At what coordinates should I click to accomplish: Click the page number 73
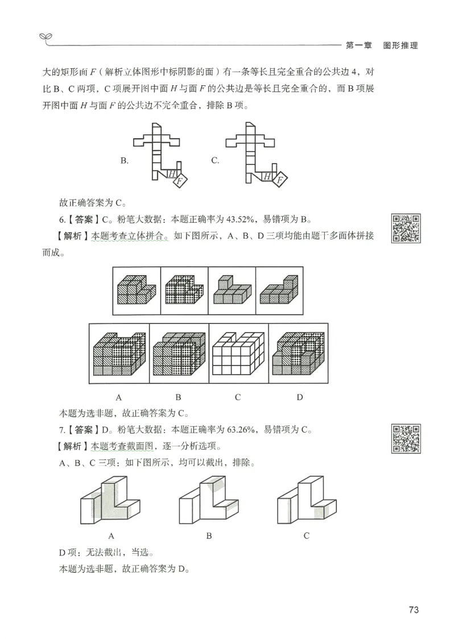click(x=413, y=610)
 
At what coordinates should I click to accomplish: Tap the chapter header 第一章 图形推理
click(x=381, y=45)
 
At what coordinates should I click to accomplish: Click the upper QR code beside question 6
click(x=406, y=228)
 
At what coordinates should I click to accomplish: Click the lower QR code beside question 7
click(x=406, y=438)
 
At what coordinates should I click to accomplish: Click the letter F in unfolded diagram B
click(x=180, y=181)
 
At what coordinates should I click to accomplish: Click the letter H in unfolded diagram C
click(x=267, y=177)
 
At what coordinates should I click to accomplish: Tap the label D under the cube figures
click(x=300, y=397)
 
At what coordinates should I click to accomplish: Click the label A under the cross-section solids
click(x=111, y=536)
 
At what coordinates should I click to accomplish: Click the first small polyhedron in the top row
click(x=136, y=290)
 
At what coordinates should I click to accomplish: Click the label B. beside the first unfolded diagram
click(x=124, y=161)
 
